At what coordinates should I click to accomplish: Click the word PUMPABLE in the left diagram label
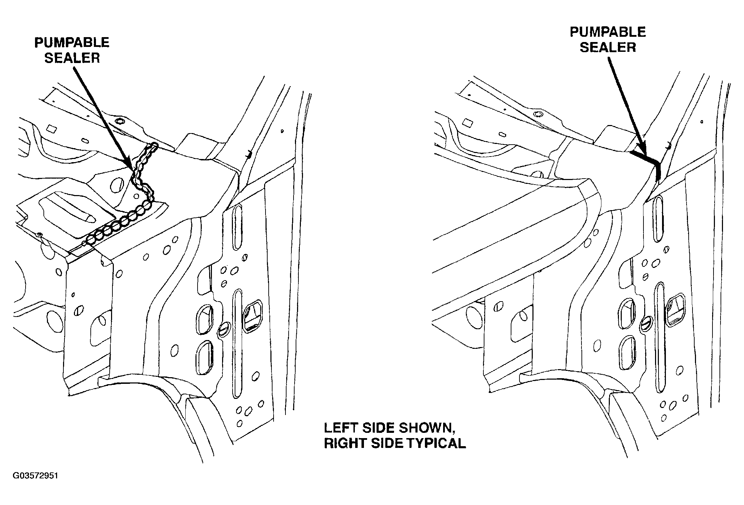point(72,43)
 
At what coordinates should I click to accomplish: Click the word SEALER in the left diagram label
point(72,58)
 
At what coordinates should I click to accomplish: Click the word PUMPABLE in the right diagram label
point(608,32)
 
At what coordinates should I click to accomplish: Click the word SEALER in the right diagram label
point(608,47)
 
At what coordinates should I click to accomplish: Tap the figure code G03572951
point(35,476)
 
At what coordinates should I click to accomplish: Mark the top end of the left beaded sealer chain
point(154,145)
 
